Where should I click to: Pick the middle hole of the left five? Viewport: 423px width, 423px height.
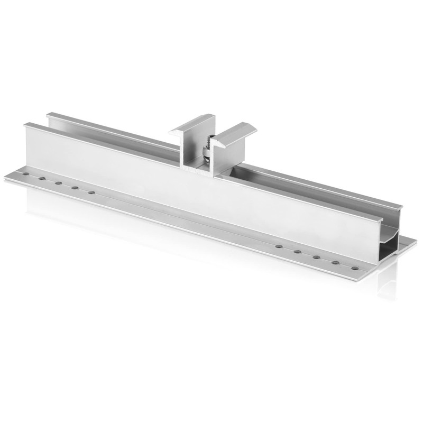pos(58,183)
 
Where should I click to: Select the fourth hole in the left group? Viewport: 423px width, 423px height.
pos(75,188)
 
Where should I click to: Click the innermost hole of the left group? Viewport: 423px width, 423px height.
pos(91,192)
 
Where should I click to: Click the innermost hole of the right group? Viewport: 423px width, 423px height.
pos(278,246)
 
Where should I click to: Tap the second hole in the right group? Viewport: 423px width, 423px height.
pos(297,252)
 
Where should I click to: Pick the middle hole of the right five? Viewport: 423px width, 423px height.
pos(316,257)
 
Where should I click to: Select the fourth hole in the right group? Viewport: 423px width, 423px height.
pos(335,262)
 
